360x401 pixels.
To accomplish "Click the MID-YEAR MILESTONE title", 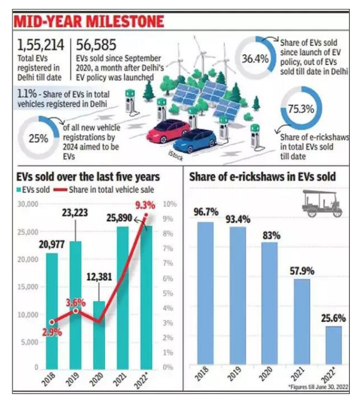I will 89,22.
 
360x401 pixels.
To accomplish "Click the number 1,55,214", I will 41,45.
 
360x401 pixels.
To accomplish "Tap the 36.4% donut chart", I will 255,59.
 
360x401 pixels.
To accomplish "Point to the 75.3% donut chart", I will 300,109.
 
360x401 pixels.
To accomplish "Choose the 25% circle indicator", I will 39,136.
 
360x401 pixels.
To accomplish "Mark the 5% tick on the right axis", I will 171,293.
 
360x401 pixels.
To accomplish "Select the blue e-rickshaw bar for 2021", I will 303,323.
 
